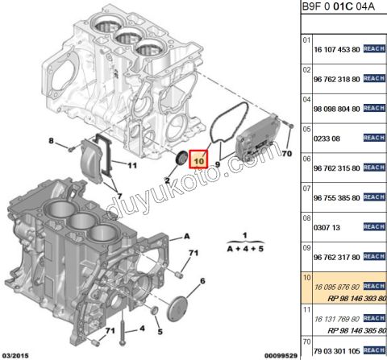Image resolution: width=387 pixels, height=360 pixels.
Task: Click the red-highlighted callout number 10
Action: [198, 159]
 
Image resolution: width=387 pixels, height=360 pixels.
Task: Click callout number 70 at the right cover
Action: [287, 151]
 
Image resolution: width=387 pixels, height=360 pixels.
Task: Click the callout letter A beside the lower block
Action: [186, 235]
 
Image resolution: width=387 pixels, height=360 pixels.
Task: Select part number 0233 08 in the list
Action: [324, 139]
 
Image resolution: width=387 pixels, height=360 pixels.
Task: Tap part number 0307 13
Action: [324, 227]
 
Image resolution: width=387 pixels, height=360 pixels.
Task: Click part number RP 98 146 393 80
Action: [348, 297]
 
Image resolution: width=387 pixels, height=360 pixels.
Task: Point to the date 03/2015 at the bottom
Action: [18, 354]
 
